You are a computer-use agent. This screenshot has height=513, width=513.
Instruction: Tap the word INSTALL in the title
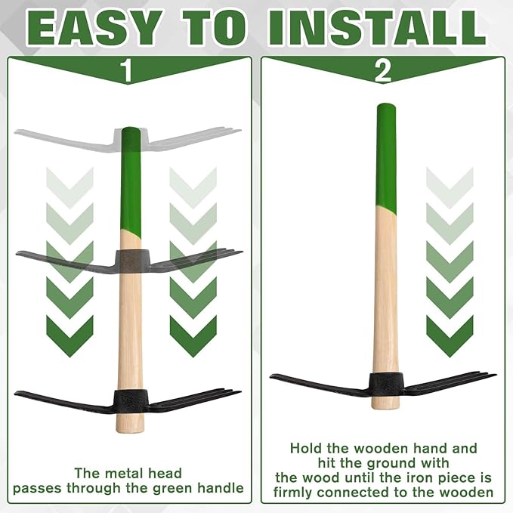(376, 29)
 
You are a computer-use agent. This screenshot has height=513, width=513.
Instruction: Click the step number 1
(126, 71)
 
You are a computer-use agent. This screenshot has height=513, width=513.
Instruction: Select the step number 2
(382, 71)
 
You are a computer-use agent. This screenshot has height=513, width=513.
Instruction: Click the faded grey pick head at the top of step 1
(128, 140)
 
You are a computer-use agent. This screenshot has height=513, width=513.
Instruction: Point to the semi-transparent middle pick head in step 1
(129, 261)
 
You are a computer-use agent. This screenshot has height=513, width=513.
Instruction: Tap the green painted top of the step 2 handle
(386, 158)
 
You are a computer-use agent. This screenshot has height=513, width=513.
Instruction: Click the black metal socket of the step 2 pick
(386, 385)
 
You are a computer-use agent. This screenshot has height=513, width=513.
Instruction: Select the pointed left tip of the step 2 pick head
(271, 377)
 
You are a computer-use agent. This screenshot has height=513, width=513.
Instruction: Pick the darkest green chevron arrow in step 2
(450, 336)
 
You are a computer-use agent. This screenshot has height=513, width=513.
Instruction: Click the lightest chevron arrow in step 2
(450, 188)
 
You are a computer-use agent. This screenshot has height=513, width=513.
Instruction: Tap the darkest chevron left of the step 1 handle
(70, 336)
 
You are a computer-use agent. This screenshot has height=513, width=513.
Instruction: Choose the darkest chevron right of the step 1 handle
(193, 336)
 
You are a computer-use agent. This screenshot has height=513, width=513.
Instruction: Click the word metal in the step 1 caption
(121, 474)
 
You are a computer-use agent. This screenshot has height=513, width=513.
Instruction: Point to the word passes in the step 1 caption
(36, 489)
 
